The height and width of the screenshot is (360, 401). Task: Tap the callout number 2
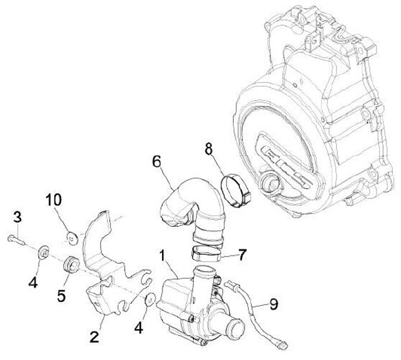(95, 336)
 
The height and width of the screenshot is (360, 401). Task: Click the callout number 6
(157, 162)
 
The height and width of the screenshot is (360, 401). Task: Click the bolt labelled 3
(17, 240)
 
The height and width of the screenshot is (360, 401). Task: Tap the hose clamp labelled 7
(207, 254)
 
